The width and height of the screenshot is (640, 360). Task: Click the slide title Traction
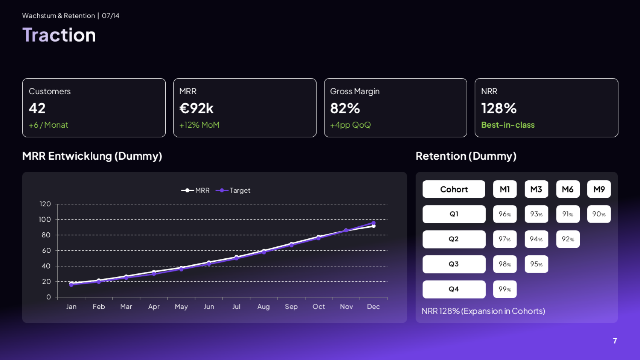(59, 35)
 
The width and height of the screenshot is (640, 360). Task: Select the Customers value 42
(37, 108)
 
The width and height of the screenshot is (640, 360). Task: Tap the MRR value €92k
(197, 108)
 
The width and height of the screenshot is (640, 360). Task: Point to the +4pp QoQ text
(350, 125)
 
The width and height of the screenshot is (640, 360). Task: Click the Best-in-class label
(508, 125)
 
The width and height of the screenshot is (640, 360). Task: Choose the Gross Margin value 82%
(345, 108)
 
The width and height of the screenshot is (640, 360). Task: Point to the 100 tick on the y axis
(45, 220)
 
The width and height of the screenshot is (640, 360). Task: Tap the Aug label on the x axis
(264, 307)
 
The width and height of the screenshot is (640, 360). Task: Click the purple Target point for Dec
(373, 223)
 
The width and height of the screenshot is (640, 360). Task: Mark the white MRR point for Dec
(373, 226)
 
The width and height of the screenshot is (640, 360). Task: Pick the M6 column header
(568, 189)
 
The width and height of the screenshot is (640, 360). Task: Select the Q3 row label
(454, 264)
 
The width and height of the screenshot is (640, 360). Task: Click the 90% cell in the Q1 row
(599, 214)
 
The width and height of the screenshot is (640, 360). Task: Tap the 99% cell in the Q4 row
(505, 289)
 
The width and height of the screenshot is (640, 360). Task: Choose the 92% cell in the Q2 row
(568, 239)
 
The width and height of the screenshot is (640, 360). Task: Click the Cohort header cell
(454, 189)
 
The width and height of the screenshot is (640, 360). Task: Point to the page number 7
(615, 341)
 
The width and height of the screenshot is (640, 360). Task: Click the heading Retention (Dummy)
(466, 156)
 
